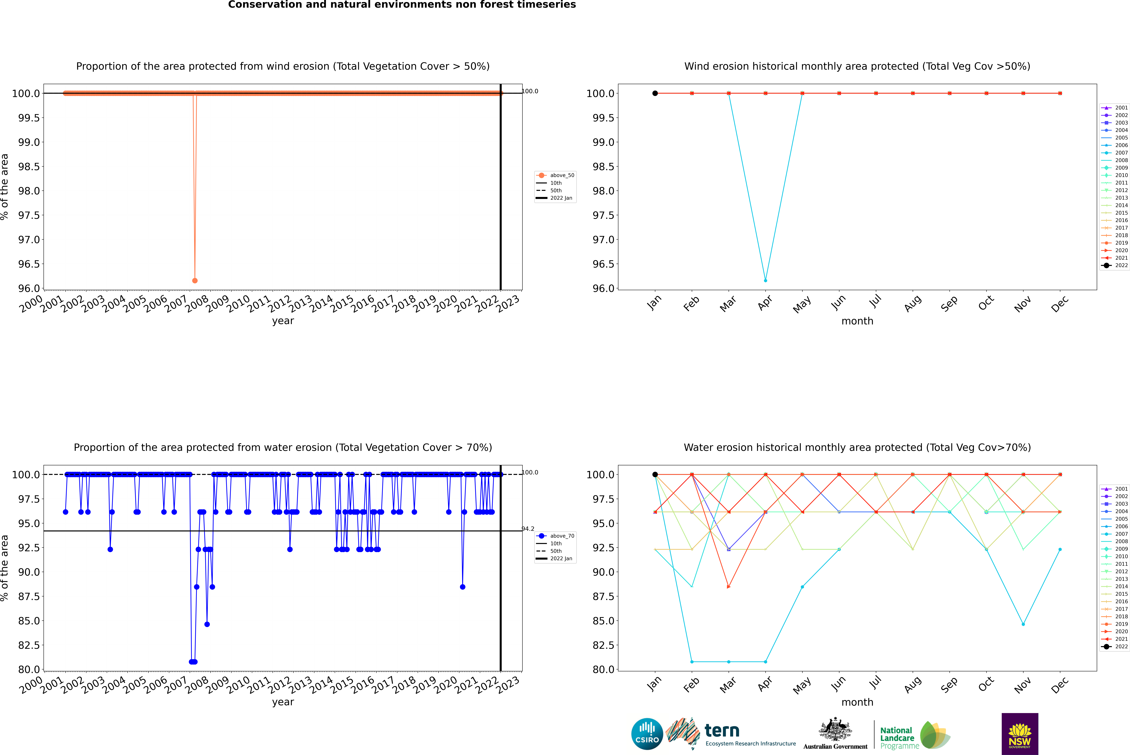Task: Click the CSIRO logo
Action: click(647, 734)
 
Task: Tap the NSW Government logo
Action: click(1020, 734)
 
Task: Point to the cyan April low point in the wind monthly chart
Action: click(765, 280)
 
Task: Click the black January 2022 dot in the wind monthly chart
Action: click(655, 93)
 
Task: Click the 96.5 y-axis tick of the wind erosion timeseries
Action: click(29, 264)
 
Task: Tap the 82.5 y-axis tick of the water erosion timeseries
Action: click(29, 645)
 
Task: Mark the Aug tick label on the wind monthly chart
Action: click(913, 303)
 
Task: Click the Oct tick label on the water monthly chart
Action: click(986, 684)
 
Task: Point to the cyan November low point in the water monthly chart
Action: click(1023, 624)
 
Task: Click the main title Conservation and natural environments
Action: click(402, 5)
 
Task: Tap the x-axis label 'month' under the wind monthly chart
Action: click(857, 321)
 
